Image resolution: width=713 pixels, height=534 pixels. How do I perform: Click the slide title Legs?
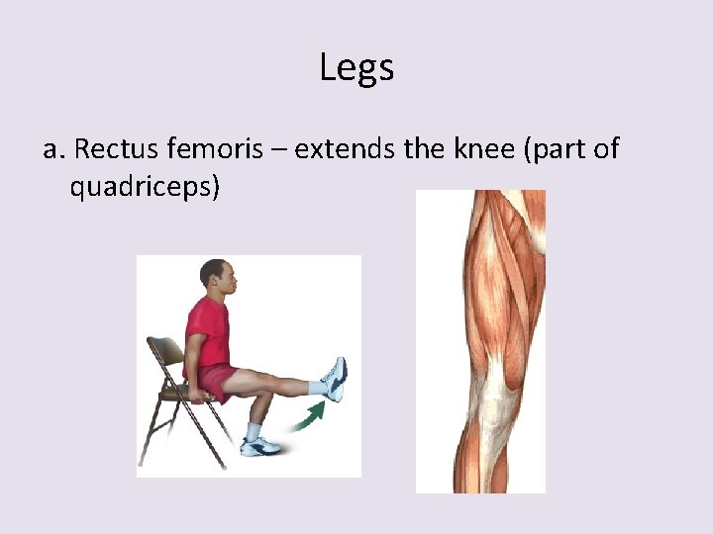(356, 68)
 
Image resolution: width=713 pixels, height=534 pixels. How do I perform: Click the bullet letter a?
(53, 150)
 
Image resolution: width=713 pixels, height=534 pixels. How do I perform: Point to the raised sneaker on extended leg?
(334, 379)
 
